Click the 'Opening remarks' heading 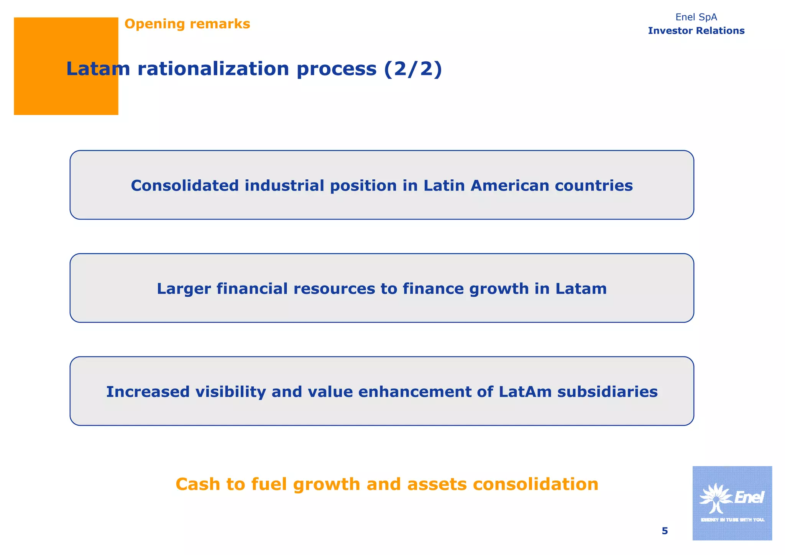point(187,24)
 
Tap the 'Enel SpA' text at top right point(696,17)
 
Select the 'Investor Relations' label point(696,31)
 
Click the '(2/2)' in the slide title point(413,69)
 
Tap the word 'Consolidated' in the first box point(185,186)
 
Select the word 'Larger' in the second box point(184,289)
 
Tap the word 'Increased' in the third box point(148,392)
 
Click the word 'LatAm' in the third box point(525,392)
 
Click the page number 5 point(665,531)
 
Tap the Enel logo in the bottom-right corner point(732,503)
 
